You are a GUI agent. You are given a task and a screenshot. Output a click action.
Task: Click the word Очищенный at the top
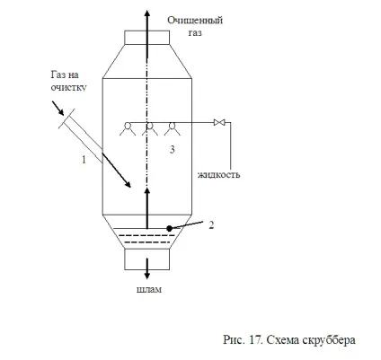pos(195,21)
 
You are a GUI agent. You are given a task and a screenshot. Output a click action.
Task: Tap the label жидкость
pos(219,174)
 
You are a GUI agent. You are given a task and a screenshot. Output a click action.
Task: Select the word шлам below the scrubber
pos(149,289)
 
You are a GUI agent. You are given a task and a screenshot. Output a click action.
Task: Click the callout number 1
pos(84,160)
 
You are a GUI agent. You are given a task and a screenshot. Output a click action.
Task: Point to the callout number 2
pos(211,225)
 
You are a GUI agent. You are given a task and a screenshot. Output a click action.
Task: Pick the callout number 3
pos(172,149)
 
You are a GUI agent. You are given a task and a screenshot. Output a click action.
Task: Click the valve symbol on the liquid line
pos(219,122)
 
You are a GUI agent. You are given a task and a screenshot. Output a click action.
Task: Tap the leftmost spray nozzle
pos(128,129)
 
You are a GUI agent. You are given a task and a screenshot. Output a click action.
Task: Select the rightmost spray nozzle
pos(172,129)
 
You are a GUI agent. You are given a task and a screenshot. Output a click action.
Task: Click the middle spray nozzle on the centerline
pos(149,129)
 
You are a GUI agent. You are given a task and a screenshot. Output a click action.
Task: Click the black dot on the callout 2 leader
pos(170,228)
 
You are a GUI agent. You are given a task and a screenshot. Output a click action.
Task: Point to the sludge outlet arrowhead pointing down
pos(146,275)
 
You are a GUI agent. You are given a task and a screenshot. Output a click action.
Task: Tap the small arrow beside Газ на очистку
pos(58,108)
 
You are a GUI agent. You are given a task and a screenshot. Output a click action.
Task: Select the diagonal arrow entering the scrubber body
pos(116,171)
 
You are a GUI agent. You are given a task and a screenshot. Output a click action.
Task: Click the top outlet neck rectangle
pos(147,38)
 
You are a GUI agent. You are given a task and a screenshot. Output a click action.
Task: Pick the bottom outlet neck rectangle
pos(147,259)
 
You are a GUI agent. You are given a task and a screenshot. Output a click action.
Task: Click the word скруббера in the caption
pos(329,340)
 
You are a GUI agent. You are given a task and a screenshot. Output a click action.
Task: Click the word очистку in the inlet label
pos(68,87)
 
